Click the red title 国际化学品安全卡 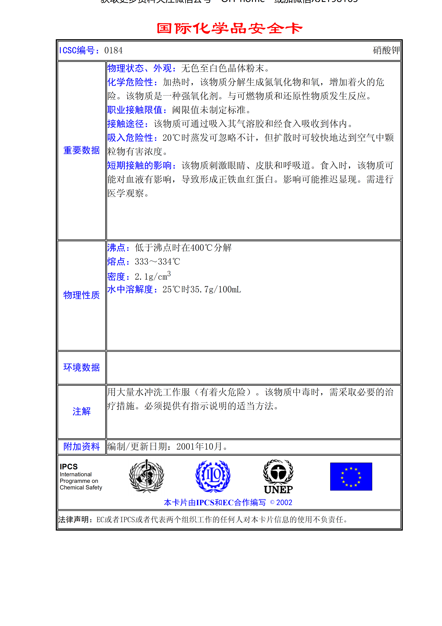(x=229, y=29)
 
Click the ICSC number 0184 (x=113, y=50)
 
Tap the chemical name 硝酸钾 (x=386, y=50)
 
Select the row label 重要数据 (x=82, y=150)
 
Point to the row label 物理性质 (x=82, y=295)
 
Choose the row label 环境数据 (x=82, y=367)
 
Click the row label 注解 (x=82, y=411)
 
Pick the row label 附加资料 (x=82, y=447)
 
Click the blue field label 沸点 (x=116, y=248)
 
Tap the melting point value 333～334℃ (x=157, y=262)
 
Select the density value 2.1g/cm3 (x=153, y=276)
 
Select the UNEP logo (x=278, y=476)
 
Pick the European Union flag (x=351, y=476)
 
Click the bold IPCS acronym (x=69, y=467)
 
